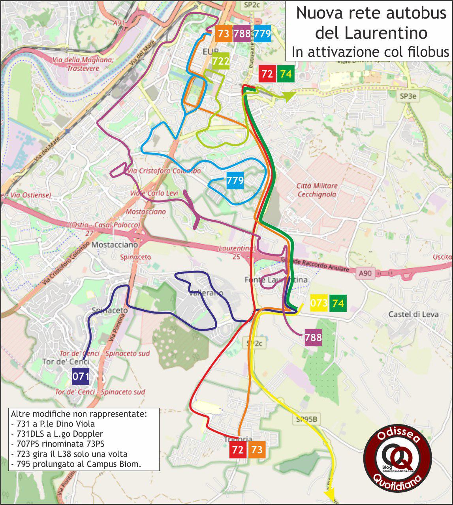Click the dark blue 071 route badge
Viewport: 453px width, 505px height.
[x=81, y=377]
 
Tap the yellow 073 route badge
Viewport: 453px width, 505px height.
[x=319, y=303]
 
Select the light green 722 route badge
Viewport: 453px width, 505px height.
[x=221, y=61]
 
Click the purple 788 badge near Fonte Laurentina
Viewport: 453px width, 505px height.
[x=313, y=337]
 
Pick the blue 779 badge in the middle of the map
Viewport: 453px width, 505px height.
[x=235, y=181]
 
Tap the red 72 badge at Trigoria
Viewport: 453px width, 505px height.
[x=238, y=450]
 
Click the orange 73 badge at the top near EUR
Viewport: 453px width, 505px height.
[x=224, y=34]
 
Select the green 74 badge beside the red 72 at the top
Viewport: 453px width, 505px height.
[x=286, y=74]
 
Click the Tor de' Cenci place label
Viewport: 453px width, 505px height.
[x=66, y=362]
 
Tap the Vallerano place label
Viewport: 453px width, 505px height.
[x=206, y=293]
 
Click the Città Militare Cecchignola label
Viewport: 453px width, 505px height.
[x=317, y=190]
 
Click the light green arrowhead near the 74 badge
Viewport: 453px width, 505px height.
[x=289, y=95]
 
